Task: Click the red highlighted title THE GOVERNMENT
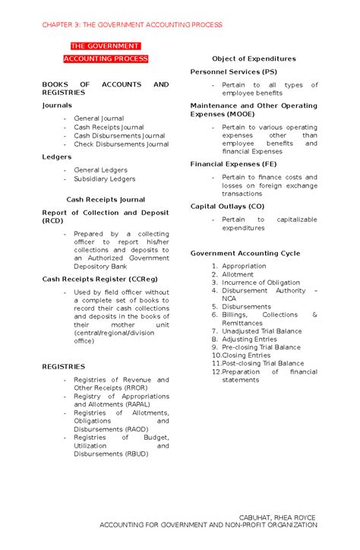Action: tap(106, 46)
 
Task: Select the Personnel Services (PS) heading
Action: tap(233, 71)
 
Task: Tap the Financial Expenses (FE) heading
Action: tap(233, 163)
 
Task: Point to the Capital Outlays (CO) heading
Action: tap(227, 206)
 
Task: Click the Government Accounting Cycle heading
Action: tap(245, 253)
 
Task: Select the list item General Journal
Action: tap(99, 119)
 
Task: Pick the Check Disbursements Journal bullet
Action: tap(121, 144)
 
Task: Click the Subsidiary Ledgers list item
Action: tap(104, 179)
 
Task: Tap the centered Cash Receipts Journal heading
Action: tap(105, 199)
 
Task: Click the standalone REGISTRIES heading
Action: tap(64, 366)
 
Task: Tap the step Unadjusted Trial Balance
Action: tap(262, 331)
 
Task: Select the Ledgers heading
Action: tap(57, 157)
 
